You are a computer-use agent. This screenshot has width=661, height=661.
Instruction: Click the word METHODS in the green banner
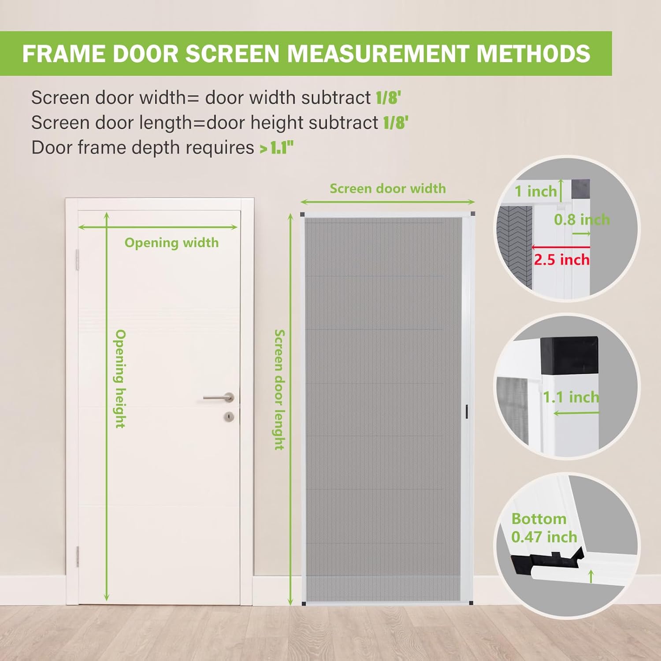[x=533, y=53]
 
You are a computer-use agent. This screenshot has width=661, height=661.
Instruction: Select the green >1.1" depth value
[x=277, y=148]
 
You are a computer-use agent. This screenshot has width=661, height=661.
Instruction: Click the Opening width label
[x=171, y=243]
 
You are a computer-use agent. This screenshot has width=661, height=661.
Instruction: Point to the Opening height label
[x=120, y=379]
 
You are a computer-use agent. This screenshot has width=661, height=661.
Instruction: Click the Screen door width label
[x=388, y=189]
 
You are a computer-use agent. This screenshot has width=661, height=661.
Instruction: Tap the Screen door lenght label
[x=279, y=390]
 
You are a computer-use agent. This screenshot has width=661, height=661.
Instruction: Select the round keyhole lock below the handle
[x=229, y=416]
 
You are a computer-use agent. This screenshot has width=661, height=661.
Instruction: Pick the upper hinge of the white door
[x=78, y=260]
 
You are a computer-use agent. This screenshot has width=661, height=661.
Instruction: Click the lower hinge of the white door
[x=78, y=556]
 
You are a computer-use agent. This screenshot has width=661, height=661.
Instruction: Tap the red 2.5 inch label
[x=561, y=260]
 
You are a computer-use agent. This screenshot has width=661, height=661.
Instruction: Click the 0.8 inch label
[x=582, y=219]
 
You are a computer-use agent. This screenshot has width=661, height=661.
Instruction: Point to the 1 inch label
[x=535, y=191]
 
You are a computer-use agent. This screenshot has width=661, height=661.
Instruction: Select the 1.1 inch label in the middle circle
[x=571, y=397]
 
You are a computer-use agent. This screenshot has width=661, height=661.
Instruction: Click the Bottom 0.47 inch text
[x=544, y=528]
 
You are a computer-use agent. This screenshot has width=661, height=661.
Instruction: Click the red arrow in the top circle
[x=560, y=247]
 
